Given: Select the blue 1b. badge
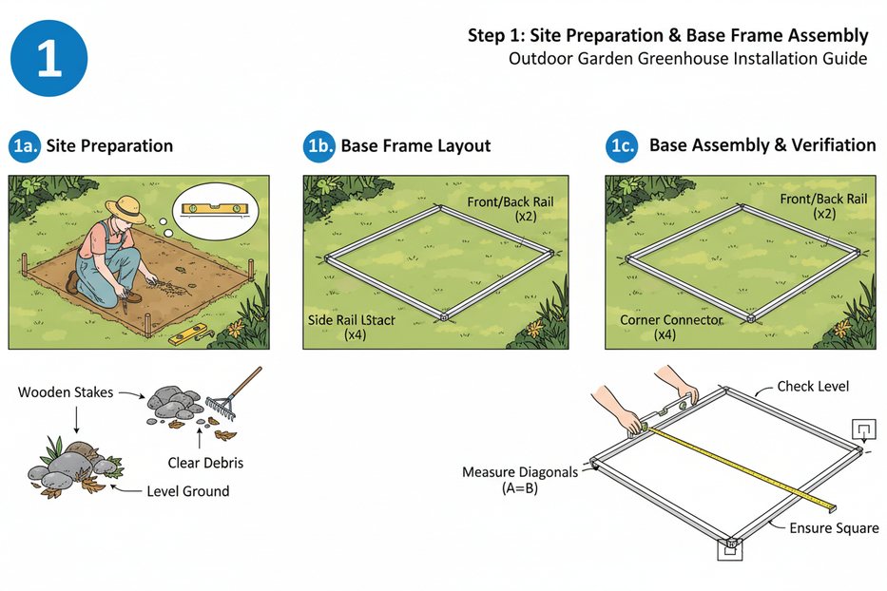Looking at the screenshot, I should (x=318, y=146).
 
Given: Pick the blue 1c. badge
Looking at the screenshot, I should (x=622, y=146).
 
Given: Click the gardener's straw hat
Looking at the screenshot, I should (x=125, y=208).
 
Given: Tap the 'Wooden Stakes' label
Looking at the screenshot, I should (x=65, y=392).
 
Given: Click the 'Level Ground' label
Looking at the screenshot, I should (x=187, y=491).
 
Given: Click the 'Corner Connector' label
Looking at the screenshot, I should (x=671, y=320).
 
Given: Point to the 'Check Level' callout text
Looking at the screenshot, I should (x=813, y=387).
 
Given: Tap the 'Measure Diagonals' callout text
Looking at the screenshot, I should (x=519, y=472).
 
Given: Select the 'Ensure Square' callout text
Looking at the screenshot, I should (x=834, y=528).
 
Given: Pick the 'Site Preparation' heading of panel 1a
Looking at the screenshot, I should (x=109, y=146).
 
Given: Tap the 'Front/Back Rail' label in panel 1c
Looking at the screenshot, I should (x=823, y=200).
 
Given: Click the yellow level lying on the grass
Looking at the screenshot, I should (x=187, y=334).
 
